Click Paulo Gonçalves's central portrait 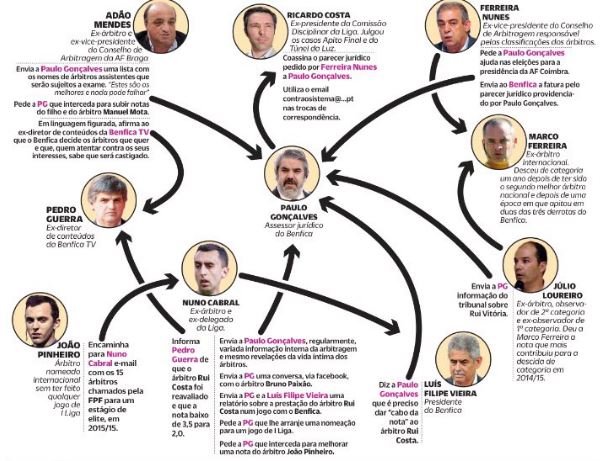(296, 176)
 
